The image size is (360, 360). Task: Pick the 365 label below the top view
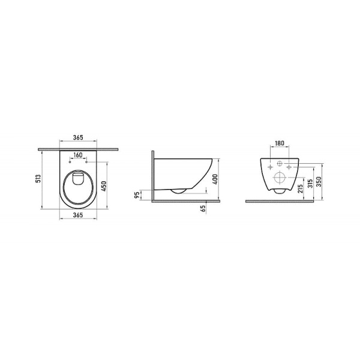pyautogui.click(x=79, y=214)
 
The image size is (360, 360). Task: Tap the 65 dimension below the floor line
pyautogui.click(x=205, y=208)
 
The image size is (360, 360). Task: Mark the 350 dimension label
pyautogui.click(x=320, y=181)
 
